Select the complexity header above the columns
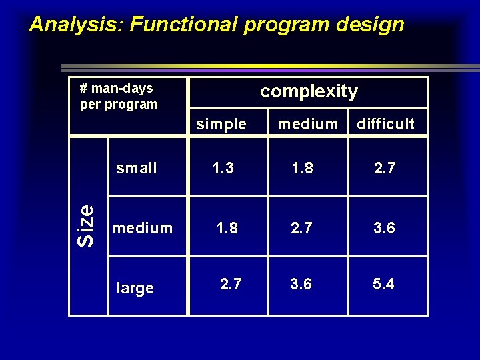[x=309, y=91]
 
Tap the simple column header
[x=221, y=124]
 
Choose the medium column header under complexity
[x=307, y=124]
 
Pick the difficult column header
[x=385, y=124]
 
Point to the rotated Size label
[x=85, y=225]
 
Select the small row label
[x=137, y=168]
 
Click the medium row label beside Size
[x=143, y=228]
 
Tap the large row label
[x=135, y=288]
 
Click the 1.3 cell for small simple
[x=223, y=168]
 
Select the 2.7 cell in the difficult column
[x=384, y=168]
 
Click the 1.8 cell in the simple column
[x=227, y=228]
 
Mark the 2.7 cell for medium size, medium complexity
[x=301, y=228]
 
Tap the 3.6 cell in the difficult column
[x=384, y=228]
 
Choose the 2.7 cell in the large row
[x=231, y=285]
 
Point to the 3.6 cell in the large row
[x=301, y=285]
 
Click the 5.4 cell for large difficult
[x=383, y=285]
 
